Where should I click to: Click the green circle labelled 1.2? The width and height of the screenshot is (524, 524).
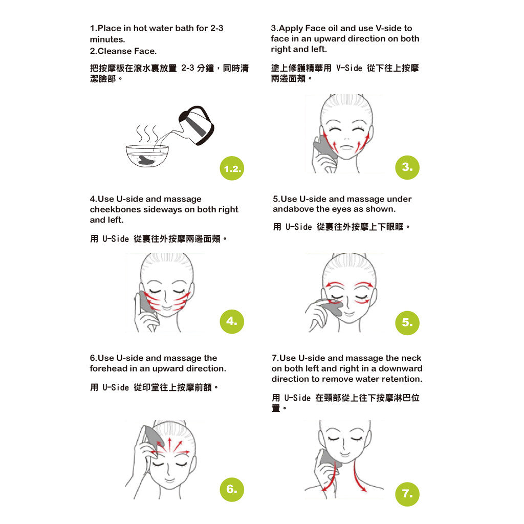click(x=232, y=168)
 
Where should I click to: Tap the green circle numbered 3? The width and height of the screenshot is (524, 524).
click(x=407, y=167)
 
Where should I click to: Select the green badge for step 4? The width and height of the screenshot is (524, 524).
click(x=232, y=321)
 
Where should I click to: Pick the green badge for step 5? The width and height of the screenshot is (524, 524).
click(x=407, y=323)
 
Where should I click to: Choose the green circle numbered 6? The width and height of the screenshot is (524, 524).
click(x=232, y=489)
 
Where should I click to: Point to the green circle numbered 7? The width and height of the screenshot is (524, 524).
click(x=407, y=494)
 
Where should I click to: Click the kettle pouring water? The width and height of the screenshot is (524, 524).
click(x=195, y=125)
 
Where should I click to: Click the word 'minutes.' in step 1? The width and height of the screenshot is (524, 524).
click(x=107, y=39)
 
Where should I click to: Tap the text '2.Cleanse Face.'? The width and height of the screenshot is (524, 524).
click(x=123, y=51)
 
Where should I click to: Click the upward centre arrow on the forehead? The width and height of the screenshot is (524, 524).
click(x=169, y=444)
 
